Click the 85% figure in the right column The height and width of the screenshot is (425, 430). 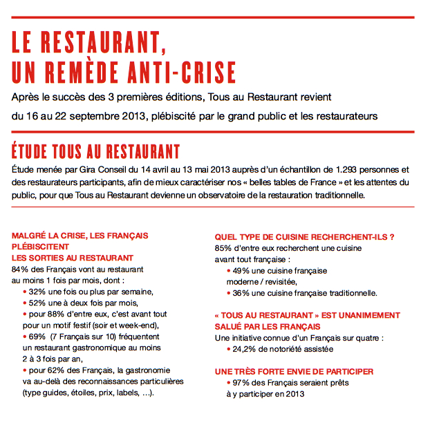[224, 247]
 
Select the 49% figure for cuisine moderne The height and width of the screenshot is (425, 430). [241, 270]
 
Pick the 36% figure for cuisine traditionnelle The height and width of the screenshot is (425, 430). [241, 292]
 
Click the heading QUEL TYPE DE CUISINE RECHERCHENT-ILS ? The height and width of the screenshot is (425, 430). [305, 236]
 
